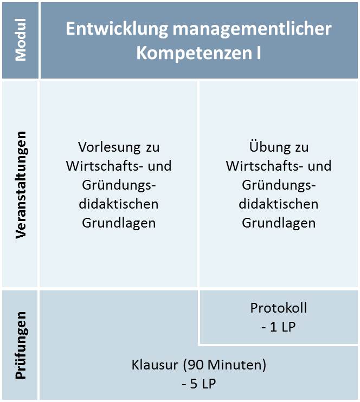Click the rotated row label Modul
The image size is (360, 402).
21,40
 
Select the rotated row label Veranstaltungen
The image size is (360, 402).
21,185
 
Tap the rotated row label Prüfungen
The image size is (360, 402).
21,345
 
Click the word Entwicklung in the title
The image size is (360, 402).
117,29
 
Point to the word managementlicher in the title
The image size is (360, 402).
252,29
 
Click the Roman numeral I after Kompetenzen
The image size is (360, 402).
258,53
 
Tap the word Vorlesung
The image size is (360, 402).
110,148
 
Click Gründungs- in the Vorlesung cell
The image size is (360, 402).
119,185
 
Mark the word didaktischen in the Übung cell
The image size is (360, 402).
279,204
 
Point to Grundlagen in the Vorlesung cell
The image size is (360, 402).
119,223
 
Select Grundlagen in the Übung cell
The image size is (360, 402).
279,223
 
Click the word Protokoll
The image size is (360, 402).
279,308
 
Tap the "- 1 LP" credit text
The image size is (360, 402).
279,327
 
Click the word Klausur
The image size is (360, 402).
155,365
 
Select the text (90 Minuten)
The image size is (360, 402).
224,365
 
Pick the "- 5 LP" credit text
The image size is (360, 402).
199,384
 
